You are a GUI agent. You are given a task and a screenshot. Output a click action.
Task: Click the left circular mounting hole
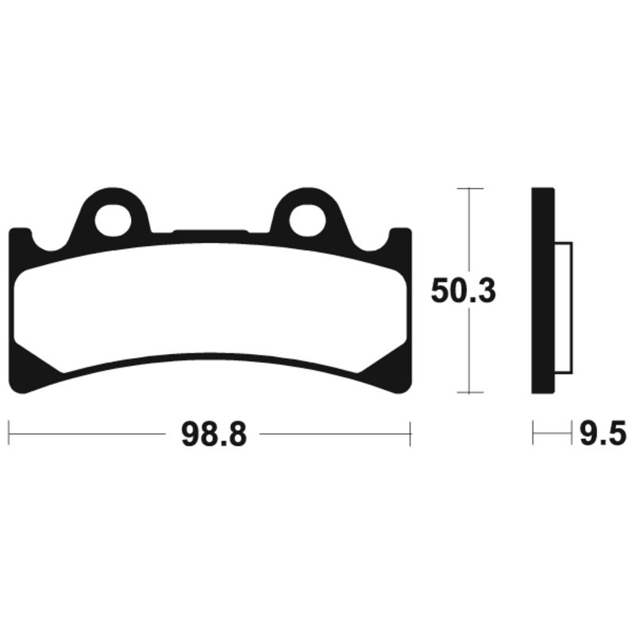click(x=112, y=220)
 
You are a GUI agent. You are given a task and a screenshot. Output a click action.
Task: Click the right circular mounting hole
click(x=307, y=220)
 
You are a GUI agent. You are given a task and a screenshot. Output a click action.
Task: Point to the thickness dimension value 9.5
click(x=602, y=434)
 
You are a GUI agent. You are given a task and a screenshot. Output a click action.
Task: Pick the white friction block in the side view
click(x=563, y=307)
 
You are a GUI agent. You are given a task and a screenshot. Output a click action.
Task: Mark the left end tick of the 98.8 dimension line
click(x=9, y=434)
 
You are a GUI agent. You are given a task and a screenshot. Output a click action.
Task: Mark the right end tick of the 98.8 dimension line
click(x=410, y=434)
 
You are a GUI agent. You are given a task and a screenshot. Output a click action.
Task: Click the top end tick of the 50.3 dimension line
click(x=471, y=188)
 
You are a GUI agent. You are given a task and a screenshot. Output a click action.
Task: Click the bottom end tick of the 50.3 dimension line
click(x=471, y=393)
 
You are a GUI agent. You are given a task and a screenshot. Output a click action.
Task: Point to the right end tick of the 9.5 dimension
click(x=571, y=434)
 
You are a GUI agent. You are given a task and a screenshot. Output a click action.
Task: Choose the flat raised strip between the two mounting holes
click(x=210, y=233)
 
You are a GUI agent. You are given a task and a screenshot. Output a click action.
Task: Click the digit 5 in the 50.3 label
click(x=441, y=291)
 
